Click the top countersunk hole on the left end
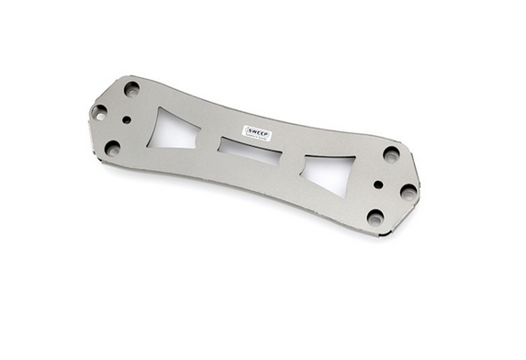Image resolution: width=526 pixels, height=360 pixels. click(132, 89)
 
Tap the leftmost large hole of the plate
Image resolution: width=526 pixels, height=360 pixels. click(99, 112)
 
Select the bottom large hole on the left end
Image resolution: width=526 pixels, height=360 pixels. click(113, 146)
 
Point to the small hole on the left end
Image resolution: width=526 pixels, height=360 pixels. click(126, 119)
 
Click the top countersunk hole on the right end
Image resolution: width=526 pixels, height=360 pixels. click(392, 154)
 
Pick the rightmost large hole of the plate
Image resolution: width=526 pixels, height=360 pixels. click(408, 192)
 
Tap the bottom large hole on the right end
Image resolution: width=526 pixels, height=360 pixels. click(375, 218)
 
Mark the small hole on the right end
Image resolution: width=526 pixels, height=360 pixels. click(378, 184)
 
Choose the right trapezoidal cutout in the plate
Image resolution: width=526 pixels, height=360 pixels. click(330, 174)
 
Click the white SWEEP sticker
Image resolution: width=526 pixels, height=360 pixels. click(257, 133)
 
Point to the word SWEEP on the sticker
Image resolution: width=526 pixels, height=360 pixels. click(258, 131)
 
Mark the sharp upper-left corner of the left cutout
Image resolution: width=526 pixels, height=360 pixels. click(162, 108)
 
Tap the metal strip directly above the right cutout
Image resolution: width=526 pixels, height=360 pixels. click(335, 149)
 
